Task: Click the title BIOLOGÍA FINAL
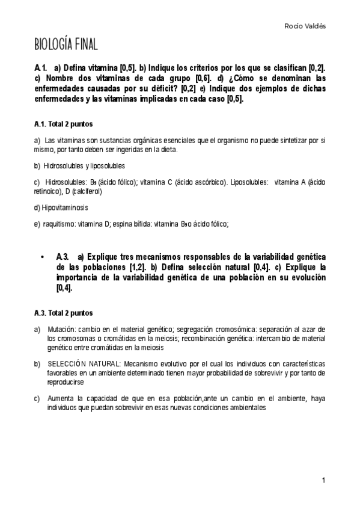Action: tap(66, 45)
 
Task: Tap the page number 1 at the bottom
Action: tap(323, 480)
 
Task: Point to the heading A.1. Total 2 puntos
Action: tap(63, 124)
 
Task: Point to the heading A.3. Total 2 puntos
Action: tap(63, 313)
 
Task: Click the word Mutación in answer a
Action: tap(62, 329)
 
